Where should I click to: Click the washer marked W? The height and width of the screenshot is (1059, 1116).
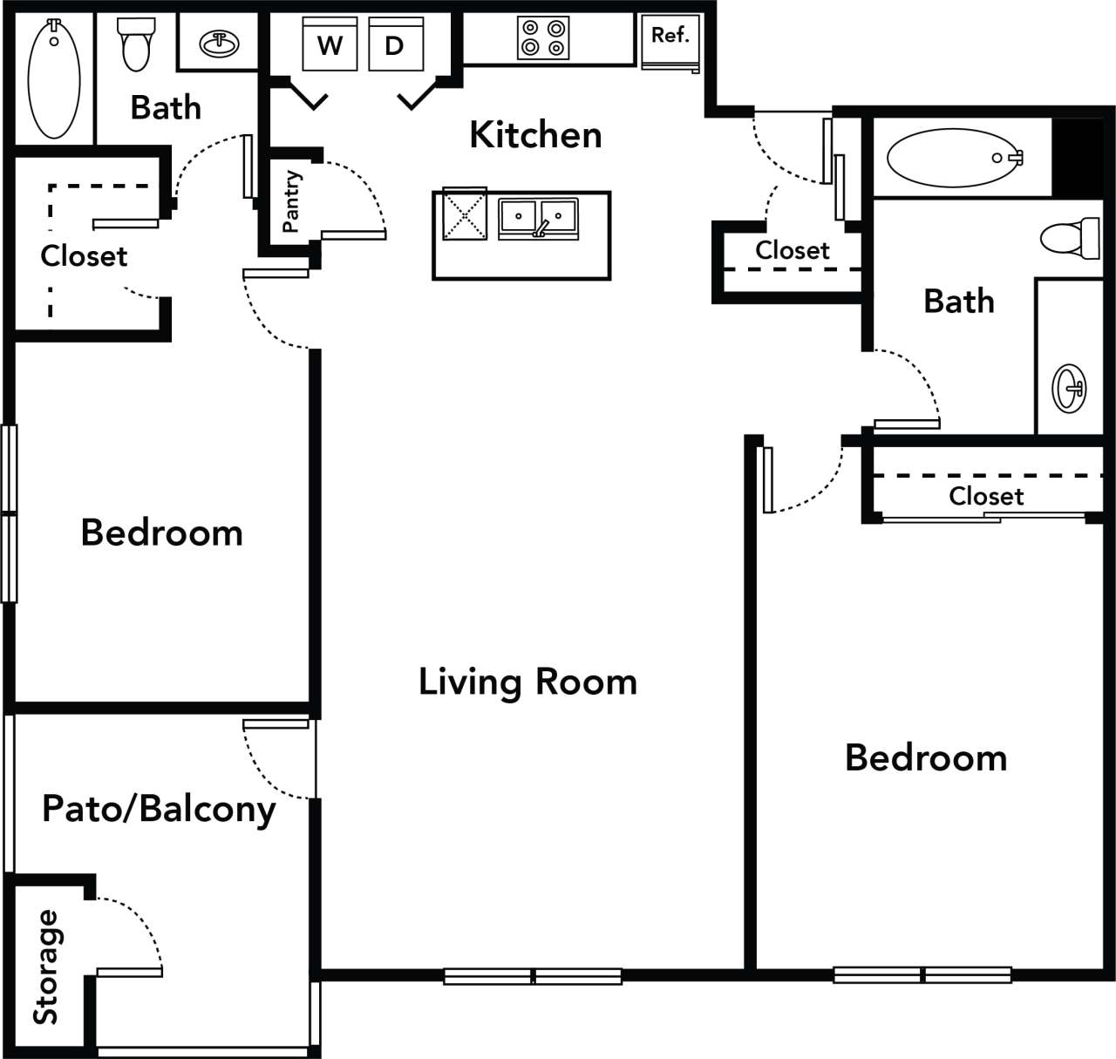330,44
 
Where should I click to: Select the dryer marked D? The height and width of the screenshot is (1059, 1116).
395,44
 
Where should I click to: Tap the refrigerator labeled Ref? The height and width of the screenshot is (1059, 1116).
670,39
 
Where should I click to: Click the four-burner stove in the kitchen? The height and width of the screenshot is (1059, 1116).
543,37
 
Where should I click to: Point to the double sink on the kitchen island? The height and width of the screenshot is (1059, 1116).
538,219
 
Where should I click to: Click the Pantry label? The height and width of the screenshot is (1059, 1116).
291,201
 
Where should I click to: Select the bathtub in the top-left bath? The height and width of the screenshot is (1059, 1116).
54,78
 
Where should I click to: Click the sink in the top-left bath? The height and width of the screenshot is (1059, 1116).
220,43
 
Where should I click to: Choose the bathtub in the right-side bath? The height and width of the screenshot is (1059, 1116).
954,158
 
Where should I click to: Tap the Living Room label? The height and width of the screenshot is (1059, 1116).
527,682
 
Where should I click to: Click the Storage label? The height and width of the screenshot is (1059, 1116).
46,967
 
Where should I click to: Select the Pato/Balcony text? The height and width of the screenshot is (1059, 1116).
159,809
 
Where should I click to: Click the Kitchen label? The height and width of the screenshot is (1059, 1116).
535,135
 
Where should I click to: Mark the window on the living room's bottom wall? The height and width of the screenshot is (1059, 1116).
533,976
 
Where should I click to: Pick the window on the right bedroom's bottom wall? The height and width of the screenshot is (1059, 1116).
922,974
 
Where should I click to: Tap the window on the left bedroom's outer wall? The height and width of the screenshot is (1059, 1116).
9,513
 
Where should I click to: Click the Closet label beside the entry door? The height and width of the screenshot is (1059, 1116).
792,250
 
